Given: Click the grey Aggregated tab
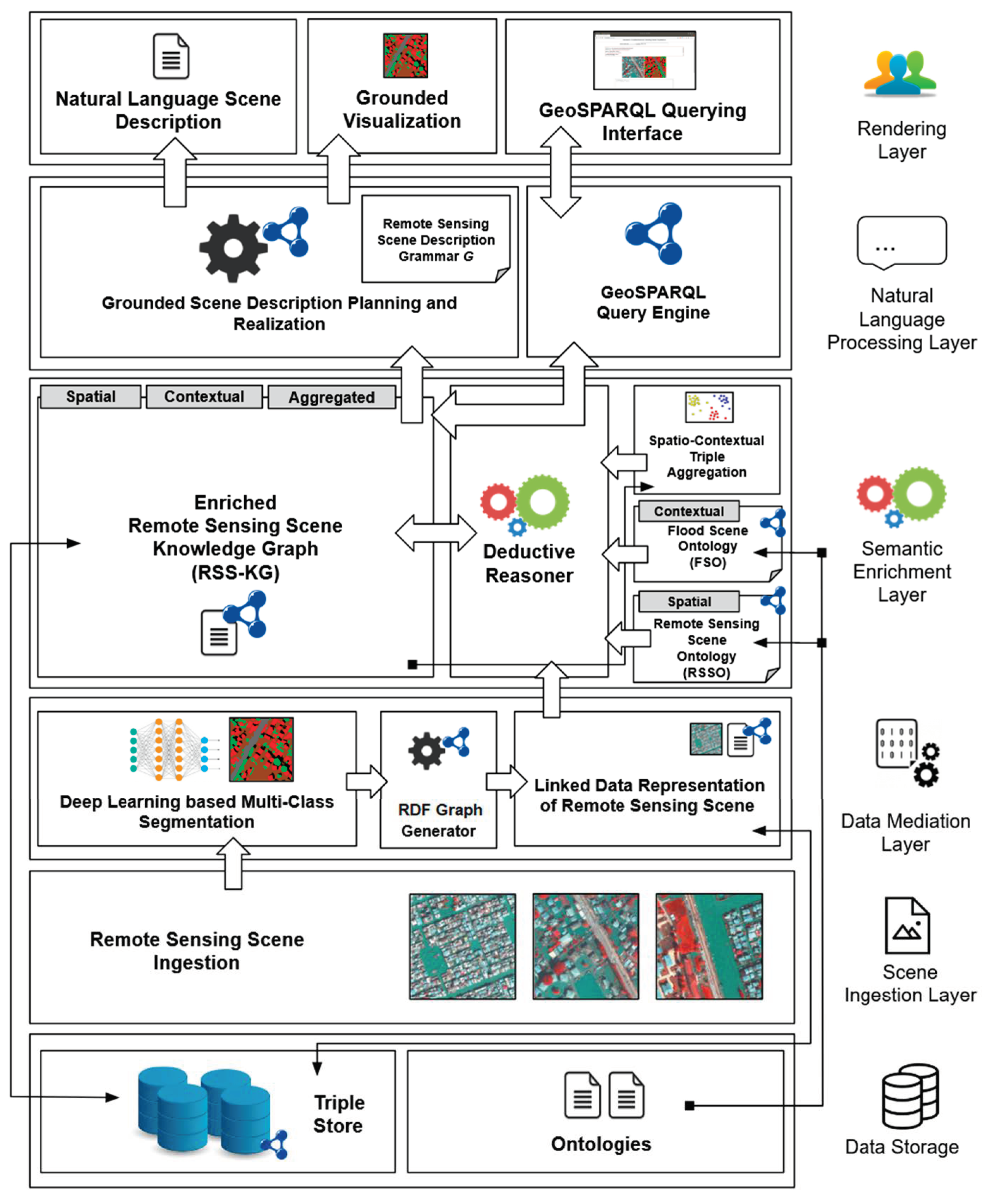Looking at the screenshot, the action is (332, 397).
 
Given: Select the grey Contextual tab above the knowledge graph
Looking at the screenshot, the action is (204, 397).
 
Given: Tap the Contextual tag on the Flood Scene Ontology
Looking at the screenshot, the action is (689, 511).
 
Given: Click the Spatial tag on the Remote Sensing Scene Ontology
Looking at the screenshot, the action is (689, 601).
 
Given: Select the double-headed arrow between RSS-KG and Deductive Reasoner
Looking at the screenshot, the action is (436, 533).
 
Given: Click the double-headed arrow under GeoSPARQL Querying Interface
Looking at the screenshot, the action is (561, 173).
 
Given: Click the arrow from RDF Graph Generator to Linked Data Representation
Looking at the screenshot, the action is (507, 781).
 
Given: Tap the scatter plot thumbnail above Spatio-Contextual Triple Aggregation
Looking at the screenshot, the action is (709, 407).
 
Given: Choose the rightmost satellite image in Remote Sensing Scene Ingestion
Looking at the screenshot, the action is (709, 947).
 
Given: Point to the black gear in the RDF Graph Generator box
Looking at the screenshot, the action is (426, 751).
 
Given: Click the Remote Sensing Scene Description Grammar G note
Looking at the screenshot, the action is (436, 239).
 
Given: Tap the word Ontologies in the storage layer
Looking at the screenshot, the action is (601, 1144).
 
